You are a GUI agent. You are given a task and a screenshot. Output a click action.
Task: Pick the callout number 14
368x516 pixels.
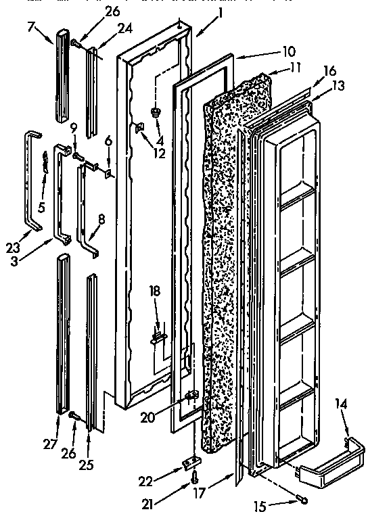coord(340,404)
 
